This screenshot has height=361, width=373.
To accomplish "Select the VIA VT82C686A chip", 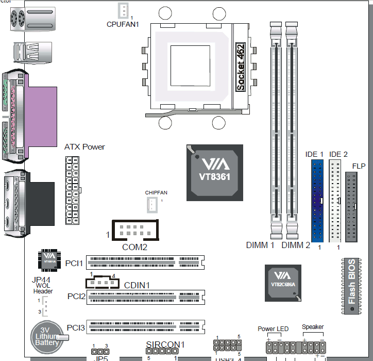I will pyautogui.click(x=282, y=281).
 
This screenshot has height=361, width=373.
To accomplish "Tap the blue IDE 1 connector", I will pyautogui.click(x=317, y=201).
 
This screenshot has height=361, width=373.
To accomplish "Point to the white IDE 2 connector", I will pyautogui.click(x=335, y=201).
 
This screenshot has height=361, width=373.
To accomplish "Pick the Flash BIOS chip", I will pyautogui.click(x=351, y=286).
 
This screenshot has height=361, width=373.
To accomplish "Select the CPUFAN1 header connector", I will pyautogui.click(x=122, y=10).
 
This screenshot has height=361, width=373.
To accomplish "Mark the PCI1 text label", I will pyautogui.click(x=74, y=264).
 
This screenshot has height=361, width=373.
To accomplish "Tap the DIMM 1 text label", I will pyautogui.click(x=260, y=245).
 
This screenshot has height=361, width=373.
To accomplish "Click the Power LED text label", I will pyautogui.click(x=273, y=329).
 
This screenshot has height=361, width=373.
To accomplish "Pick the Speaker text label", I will pyautogui.click(x=313, y=327).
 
